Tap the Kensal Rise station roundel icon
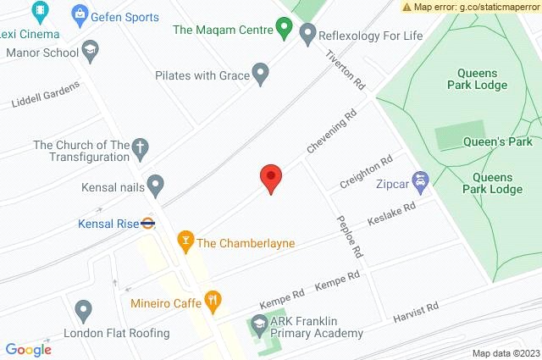point(147,224)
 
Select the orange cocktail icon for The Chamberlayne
point(184,243)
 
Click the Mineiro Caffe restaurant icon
point(213,302)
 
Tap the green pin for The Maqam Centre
point(285,30)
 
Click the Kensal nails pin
point(155,184)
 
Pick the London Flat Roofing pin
point(83,311)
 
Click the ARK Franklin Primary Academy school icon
point(257,325)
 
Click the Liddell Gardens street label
point(46,95)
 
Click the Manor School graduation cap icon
point(88,53)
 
